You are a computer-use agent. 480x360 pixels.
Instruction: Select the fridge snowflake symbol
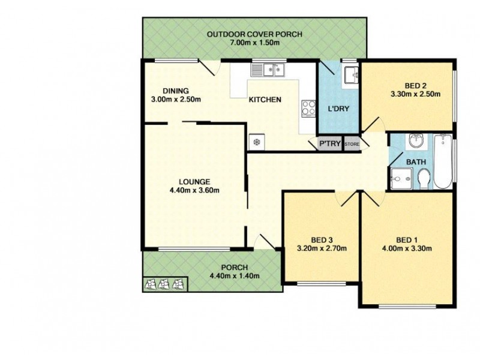point(256,142)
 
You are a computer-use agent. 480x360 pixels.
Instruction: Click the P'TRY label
point(330,144)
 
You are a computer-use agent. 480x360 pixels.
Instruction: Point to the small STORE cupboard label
point(352,144)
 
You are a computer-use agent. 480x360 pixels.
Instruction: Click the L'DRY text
point(338,109)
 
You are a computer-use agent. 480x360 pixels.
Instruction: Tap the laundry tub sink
point(350,76)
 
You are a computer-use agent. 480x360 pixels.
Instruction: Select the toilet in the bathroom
point(424,178)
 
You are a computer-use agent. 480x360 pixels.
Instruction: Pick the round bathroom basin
point(415,142)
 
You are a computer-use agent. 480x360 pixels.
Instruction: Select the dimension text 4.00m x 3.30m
point(409,248)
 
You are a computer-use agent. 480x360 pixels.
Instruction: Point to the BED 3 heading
point(321,238)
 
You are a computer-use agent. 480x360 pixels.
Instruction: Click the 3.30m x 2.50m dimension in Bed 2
point(415,94)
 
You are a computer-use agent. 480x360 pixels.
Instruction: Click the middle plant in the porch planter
point(163,284)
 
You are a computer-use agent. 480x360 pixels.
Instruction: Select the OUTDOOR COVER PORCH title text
point(254,34)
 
